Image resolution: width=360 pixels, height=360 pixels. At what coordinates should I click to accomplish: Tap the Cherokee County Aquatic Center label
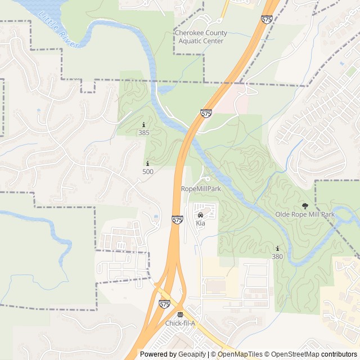click(x=199, y=37)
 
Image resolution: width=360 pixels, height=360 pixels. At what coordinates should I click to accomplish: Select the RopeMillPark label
click(x=201, y=189)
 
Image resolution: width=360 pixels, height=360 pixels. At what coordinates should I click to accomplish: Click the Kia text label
click(x=200, y=223)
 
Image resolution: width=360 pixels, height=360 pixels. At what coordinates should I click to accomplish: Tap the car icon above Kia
click(x=200, y=215)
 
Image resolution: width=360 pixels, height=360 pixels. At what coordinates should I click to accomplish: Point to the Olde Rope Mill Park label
click(x=305, y=214)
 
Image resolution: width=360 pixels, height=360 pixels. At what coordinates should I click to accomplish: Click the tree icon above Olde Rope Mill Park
click(x=305, y=206)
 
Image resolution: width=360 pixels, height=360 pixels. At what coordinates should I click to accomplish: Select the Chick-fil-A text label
click(x=180, y=323)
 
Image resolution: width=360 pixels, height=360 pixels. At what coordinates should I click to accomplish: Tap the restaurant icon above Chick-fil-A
click(x=180, y=314)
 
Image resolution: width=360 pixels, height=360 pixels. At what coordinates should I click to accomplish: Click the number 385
click(x=144, y=133)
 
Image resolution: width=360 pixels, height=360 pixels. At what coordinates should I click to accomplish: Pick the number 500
click(x=148, y=172)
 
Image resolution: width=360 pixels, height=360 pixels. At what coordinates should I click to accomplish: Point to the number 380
click(x=277, y=256)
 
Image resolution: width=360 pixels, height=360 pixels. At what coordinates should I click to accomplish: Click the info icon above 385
click(x=144, y=125)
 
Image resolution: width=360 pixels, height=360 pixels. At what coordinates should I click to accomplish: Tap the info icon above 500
click(x=148, y=164)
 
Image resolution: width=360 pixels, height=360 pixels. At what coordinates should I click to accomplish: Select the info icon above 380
click(x=277, y=249)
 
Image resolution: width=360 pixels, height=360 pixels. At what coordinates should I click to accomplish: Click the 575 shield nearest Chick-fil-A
click(x=164, y=304)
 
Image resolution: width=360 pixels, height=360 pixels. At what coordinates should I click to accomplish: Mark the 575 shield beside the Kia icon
click(x=178, y=219)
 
